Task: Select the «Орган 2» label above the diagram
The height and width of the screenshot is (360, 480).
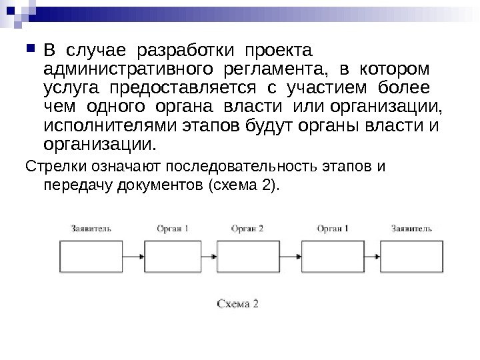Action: point(247,228)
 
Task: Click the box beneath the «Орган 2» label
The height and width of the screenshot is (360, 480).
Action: point(247,255)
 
